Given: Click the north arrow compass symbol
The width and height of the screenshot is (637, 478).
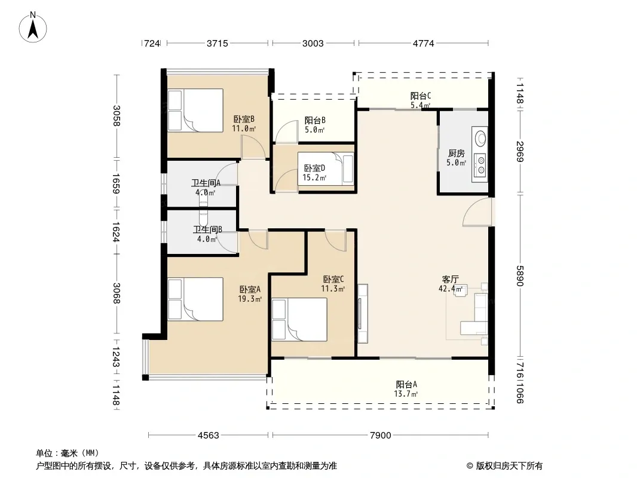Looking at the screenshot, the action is point(33,27).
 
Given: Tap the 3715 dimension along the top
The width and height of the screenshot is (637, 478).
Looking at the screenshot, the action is point(218,43).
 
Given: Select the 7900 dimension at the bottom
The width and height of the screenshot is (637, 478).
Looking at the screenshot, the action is point(380,436).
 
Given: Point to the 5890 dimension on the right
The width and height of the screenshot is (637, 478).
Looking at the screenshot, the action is point(520,275).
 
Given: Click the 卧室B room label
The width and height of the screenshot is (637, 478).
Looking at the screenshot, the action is point(244,119).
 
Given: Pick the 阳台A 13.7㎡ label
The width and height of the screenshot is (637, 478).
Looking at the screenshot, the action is point(406,388).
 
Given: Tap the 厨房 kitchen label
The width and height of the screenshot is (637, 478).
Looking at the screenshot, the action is point(456,153).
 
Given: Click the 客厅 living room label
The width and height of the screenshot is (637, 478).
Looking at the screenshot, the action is point(450,280).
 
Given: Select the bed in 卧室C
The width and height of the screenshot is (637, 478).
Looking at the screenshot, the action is point(299,319).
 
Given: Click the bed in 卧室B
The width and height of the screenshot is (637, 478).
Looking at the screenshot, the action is point(195,110).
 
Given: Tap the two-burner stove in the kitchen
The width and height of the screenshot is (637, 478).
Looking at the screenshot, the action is point(480,164).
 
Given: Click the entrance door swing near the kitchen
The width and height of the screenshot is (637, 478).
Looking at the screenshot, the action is point(477,212).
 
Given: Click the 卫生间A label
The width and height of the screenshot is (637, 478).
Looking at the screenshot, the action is point(206,183).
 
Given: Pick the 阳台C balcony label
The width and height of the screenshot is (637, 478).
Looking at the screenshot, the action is point(421,96).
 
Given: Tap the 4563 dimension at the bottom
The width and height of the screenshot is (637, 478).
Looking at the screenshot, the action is point(209,436).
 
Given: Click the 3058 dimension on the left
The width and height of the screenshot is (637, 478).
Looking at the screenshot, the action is point(117,116).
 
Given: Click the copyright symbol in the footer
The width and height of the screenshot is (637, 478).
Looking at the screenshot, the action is point(470,466).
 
